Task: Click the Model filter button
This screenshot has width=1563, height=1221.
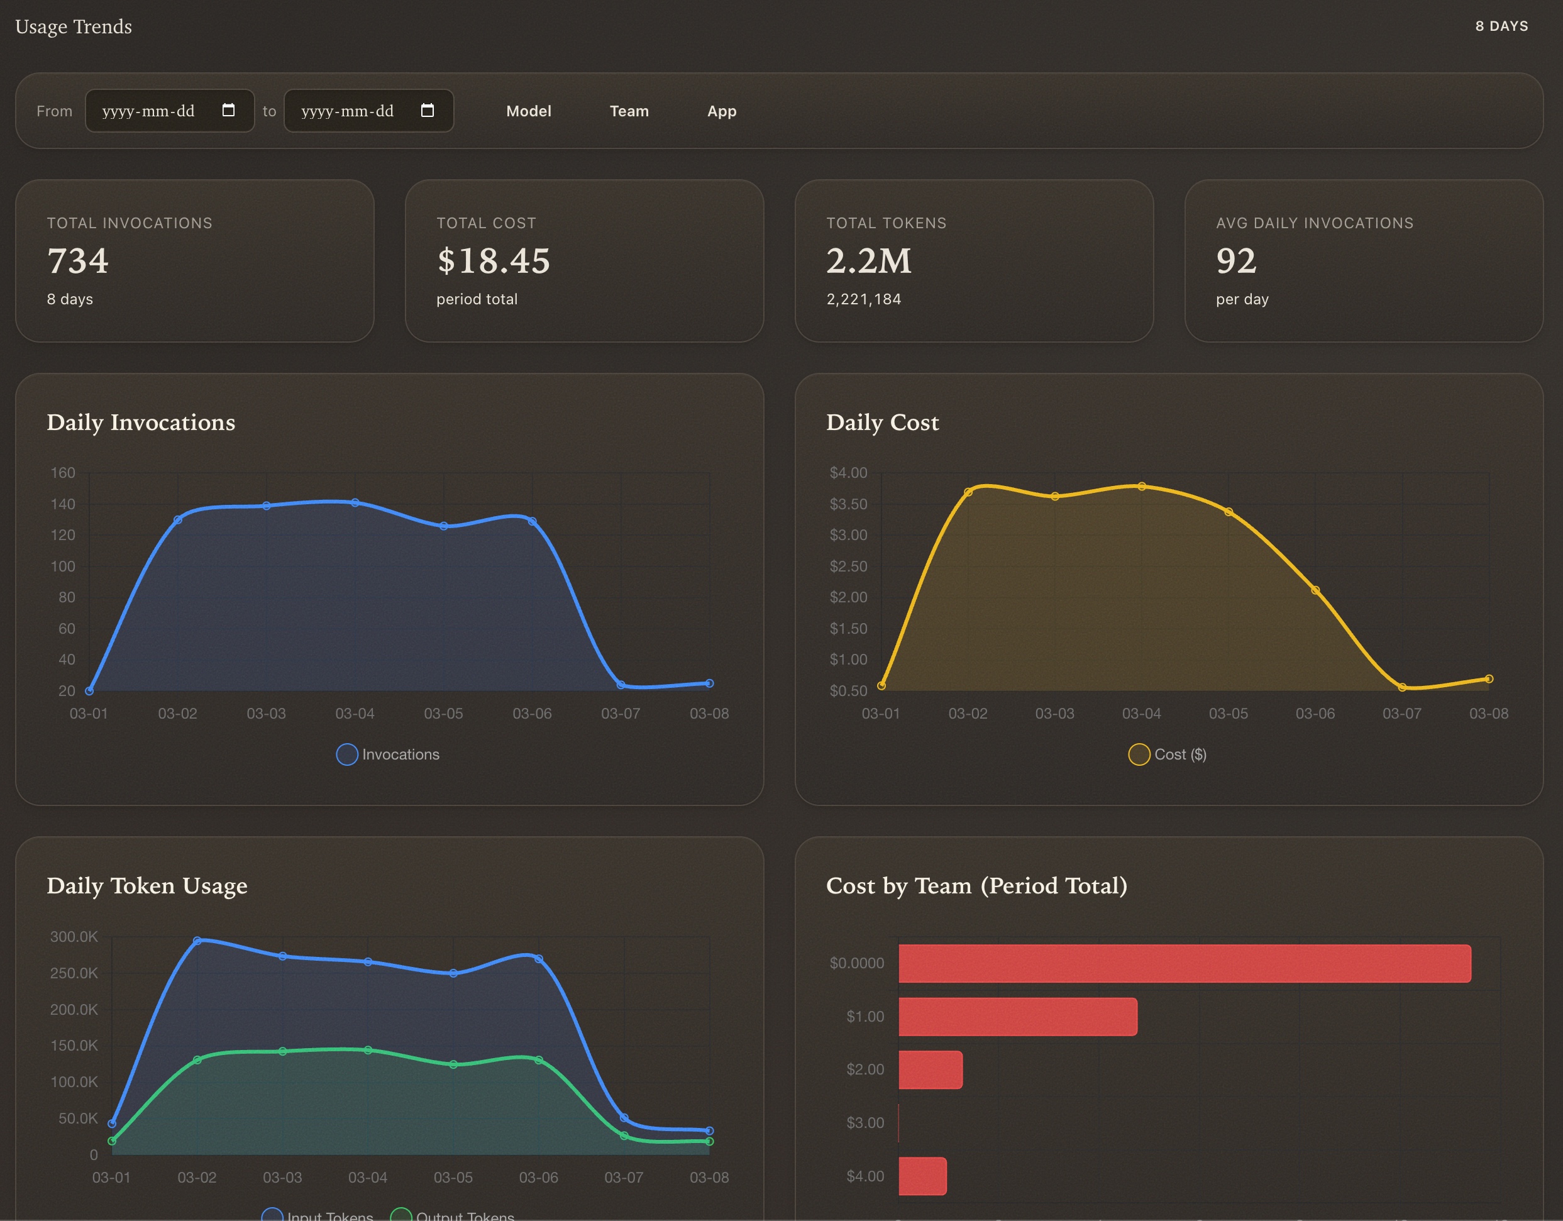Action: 528,111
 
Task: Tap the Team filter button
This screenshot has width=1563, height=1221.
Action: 629,111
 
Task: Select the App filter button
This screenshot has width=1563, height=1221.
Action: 721,111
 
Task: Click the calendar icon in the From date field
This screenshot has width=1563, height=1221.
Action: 228,110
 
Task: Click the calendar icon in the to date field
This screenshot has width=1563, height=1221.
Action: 428,110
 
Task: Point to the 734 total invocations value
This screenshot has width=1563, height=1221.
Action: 77,260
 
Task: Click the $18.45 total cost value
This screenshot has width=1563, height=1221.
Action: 493,260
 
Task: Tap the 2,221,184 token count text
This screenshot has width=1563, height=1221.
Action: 863,299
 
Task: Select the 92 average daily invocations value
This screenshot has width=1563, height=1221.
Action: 1236,260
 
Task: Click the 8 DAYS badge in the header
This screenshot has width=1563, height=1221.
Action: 1501,26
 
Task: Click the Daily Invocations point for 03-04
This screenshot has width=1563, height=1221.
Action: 355,502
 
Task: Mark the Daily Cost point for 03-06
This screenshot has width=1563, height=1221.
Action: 1315,590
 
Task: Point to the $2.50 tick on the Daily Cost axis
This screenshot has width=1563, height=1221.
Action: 848,566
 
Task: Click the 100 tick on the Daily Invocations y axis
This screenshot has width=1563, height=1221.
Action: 62,566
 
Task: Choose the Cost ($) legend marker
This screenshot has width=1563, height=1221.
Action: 1139,754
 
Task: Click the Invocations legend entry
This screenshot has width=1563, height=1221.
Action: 388,754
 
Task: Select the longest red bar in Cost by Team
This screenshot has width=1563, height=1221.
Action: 1185,963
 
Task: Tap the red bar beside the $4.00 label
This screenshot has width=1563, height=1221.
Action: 922,1176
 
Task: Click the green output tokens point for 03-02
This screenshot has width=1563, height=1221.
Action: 197,1060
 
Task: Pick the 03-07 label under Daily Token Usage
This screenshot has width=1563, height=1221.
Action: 623,1178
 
